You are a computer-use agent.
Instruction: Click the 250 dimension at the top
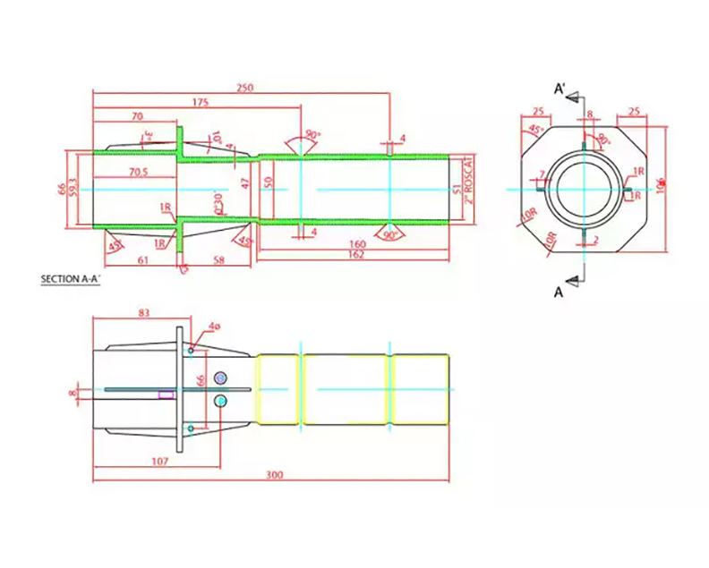tap(243, 88)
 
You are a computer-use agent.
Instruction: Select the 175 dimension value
tap(200, 103)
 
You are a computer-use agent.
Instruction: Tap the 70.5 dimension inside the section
tap(138, 171)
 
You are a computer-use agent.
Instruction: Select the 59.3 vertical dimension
tap(73, 189)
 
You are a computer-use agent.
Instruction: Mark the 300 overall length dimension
tap(275, 475)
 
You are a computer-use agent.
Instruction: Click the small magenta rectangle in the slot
tap(166, 393)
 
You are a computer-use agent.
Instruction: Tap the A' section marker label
tap(560, 89)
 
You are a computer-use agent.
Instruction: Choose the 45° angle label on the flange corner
tap(535, 131)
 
